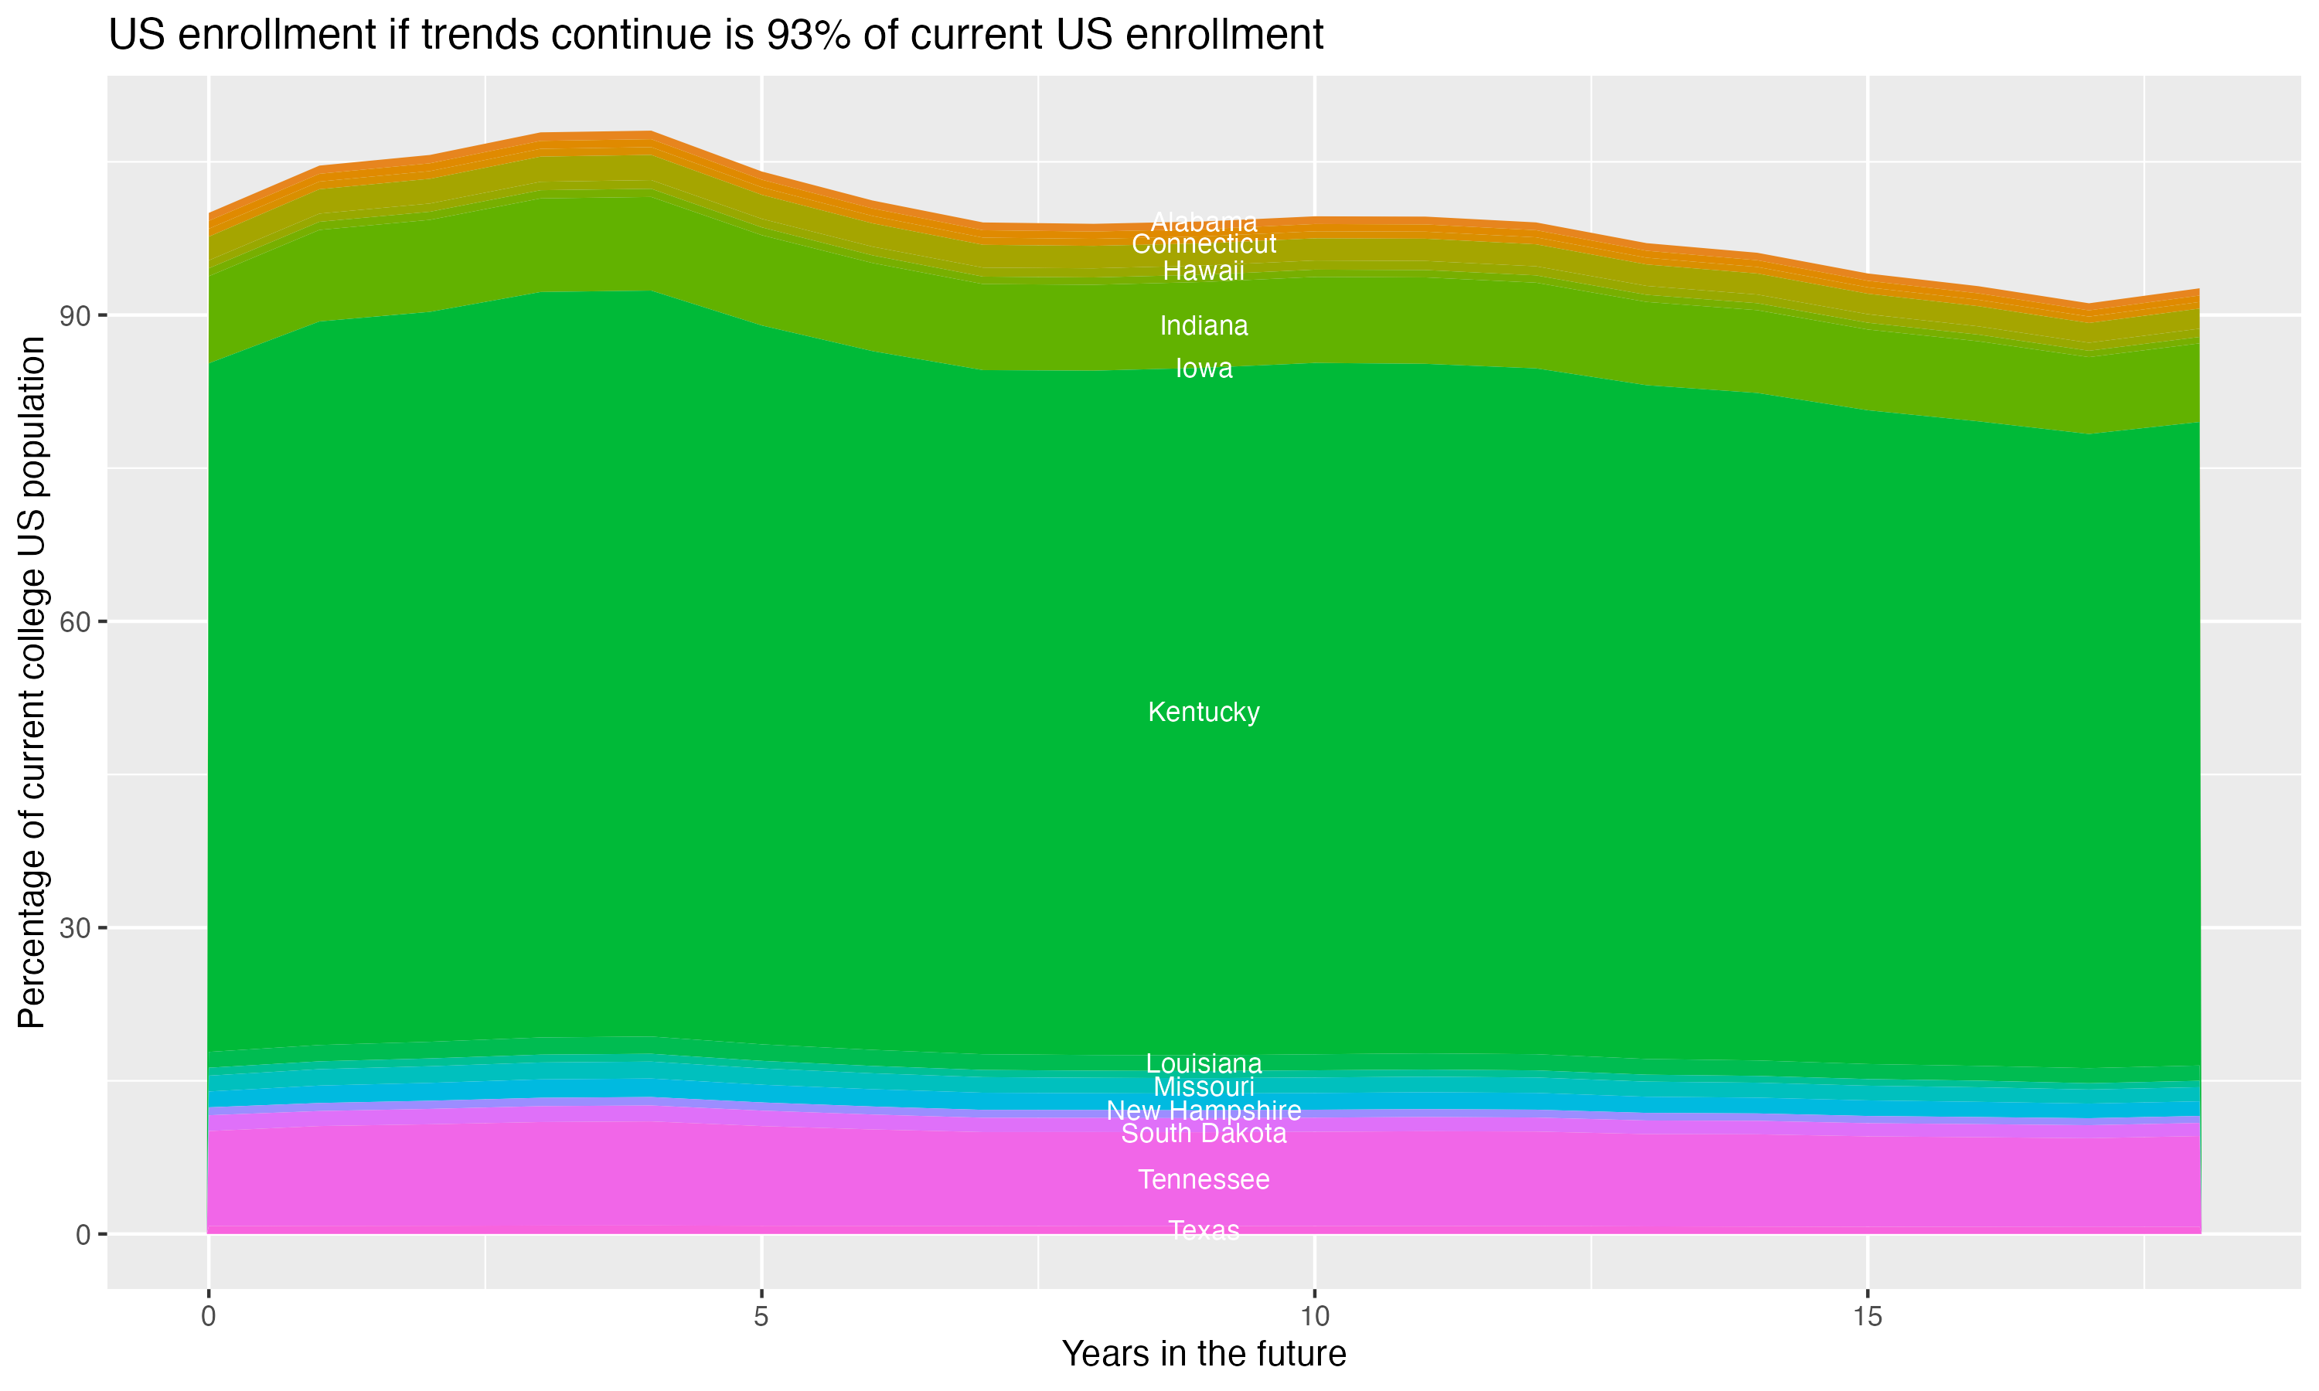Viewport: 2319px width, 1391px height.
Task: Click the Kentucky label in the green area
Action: click(x=1204, y=713)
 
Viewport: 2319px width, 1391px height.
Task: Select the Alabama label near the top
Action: click(x=1204, y=222)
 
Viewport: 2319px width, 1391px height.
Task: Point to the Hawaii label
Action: click(x=1204, y=272)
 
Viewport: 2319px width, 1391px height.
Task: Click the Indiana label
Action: click(x=1204, y=326)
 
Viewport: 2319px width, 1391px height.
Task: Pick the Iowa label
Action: click(x=1204, y=369)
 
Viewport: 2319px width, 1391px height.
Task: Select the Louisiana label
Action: click(x=1204, y=1064)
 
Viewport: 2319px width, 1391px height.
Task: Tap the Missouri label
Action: click(x=1204, y=1087)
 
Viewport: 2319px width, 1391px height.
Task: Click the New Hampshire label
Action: click(x=1204, y=1110)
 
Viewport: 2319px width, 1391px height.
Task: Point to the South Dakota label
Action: click(x=1204, y=1134)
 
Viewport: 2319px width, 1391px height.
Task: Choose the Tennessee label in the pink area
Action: click(x=1204, y=1179)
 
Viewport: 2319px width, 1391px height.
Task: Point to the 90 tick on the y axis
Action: click(x=75, y=316)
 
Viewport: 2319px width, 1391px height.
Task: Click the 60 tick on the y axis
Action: click(x=75, y=622)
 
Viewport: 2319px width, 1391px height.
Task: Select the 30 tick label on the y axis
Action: click(x=75, y=928)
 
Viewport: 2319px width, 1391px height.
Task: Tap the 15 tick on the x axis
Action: click(x=1868, y=1317)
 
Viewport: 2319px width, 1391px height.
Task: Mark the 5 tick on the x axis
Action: click(x=761, y=1317)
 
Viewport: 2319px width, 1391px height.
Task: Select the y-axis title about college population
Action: click(x=32, y=682)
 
